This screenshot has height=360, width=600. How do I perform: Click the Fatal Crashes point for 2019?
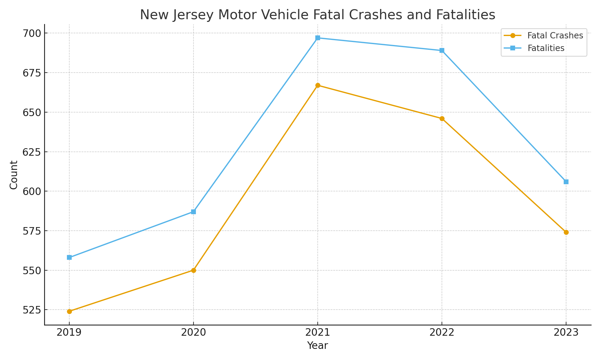tap(69, 311)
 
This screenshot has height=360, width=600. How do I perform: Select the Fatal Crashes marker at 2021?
tap(318, 85)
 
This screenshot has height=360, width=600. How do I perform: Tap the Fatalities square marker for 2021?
tap(318, 38)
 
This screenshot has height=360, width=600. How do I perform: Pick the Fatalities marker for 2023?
tap(566, 182)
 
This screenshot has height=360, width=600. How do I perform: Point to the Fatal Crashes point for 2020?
tap(193, 270)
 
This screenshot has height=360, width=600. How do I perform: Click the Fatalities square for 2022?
tap(442, 50)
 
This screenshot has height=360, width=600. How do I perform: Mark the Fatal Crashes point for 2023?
tap(566, 232)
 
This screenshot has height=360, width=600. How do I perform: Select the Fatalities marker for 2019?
tap(69, 257)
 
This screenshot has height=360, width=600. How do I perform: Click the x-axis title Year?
tap(318, 346)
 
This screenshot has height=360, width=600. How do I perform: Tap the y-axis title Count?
tap(14, 175)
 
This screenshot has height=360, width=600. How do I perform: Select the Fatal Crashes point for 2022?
tap(442, 118)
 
